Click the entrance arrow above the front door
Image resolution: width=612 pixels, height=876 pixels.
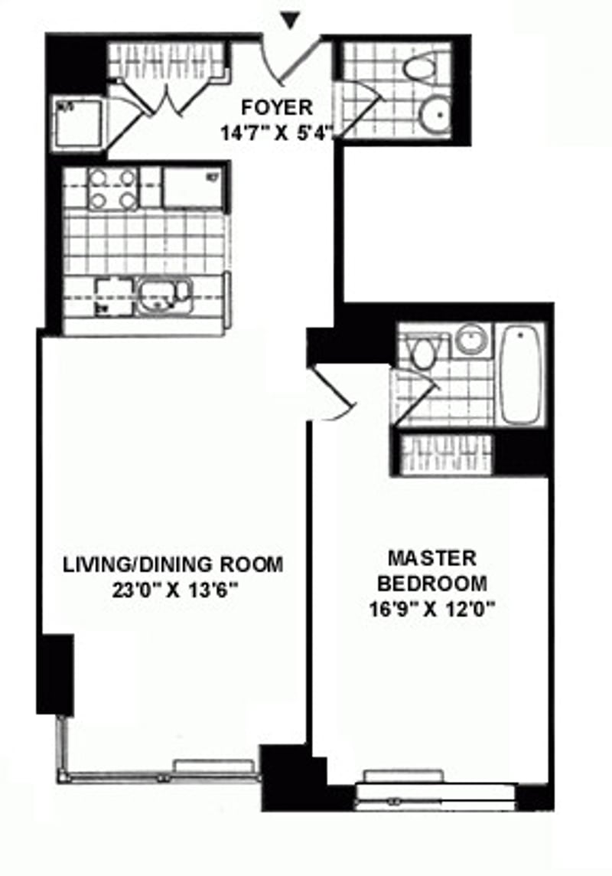pos(290,21)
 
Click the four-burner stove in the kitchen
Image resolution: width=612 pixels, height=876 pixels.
pos(112,189)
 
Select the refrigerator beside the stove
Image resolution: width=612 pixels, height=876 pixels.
pos(193,188)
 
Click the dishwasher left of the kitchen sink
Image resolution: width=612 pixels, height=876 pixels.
pos(114,296)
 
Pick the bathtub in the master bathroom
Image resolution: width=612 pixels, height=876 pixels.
pos(521,374)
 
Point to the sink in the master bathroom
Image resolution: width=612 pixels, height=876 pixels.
pos(470,339)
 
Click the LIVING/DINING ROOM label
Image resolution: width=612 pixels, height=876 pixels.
pos(173,564)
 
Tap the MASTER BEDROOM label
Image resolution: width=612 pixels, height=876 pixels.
pos(431,570)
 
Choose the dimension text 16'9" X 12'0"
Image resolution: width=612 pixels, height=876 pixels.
pos(431,610)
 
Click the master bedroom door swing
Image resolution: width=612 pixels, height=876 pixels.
pos(334,395)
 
